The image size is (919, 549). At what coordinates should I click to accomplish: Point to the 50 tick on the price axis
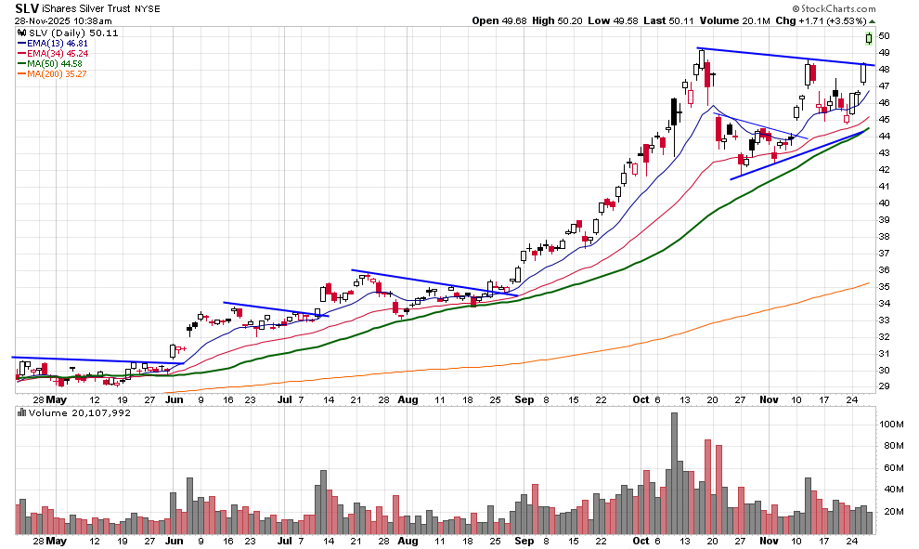pyautogui.click(x=884, y=36)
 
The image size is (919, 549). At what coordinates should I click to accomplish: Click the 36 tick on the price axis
pyautogui.click(x=884, y=270)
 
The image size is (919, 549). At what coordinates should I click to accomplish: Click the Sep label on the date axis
pyautogui.click(x=525, y=399)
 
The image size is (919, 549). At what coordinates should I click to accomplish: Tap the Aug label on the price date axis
pyautogui.click(x=408, y=399)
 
